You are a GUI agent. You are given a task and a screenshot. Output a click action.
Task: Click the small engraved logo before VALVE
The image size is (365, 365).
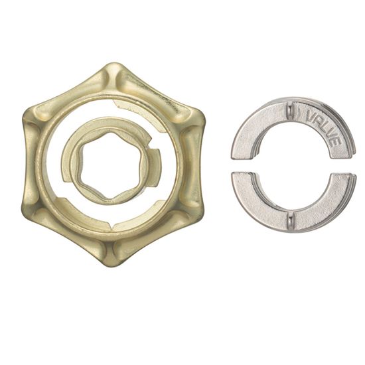(299, 113)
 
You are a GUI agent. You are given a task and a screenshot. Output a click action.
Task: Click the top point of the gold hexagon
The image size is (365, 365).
(113, 63)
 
